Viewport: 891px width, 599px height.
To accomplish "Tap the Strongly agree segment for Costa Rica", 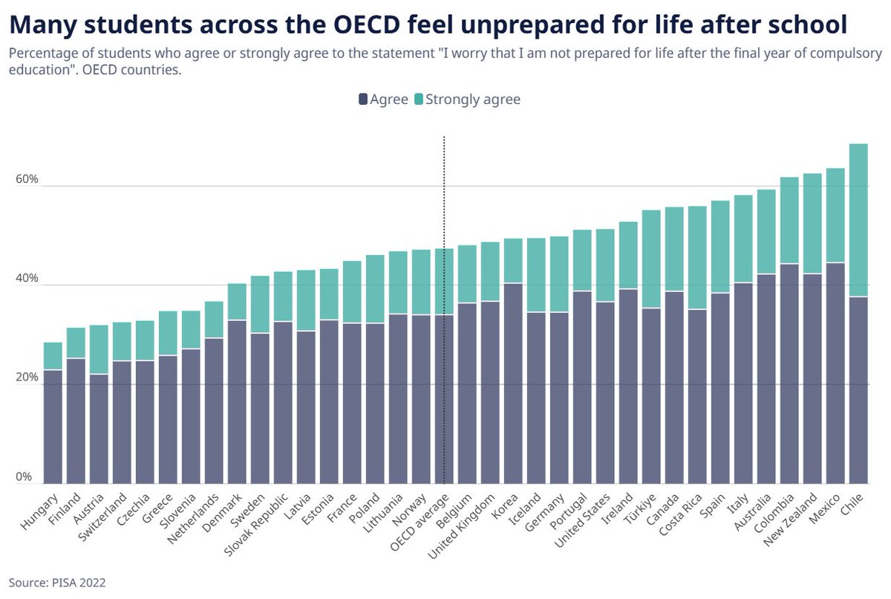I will pyautogui.click(x=698, y=257).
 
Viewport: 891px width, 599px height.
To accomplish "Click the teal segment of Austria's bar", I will pyautogui.click(x=99, y=349).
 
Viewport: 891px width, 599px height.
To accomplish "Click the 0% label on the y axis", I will pyautogui.click(x=25, y=476).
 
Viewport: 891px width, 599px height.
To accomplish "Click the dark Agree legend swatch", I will pyautogui.click(x=363, y=99).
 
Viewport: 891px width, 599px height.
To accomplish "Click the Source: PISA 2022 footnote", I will pyautogui.click(x=57, y=583).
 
